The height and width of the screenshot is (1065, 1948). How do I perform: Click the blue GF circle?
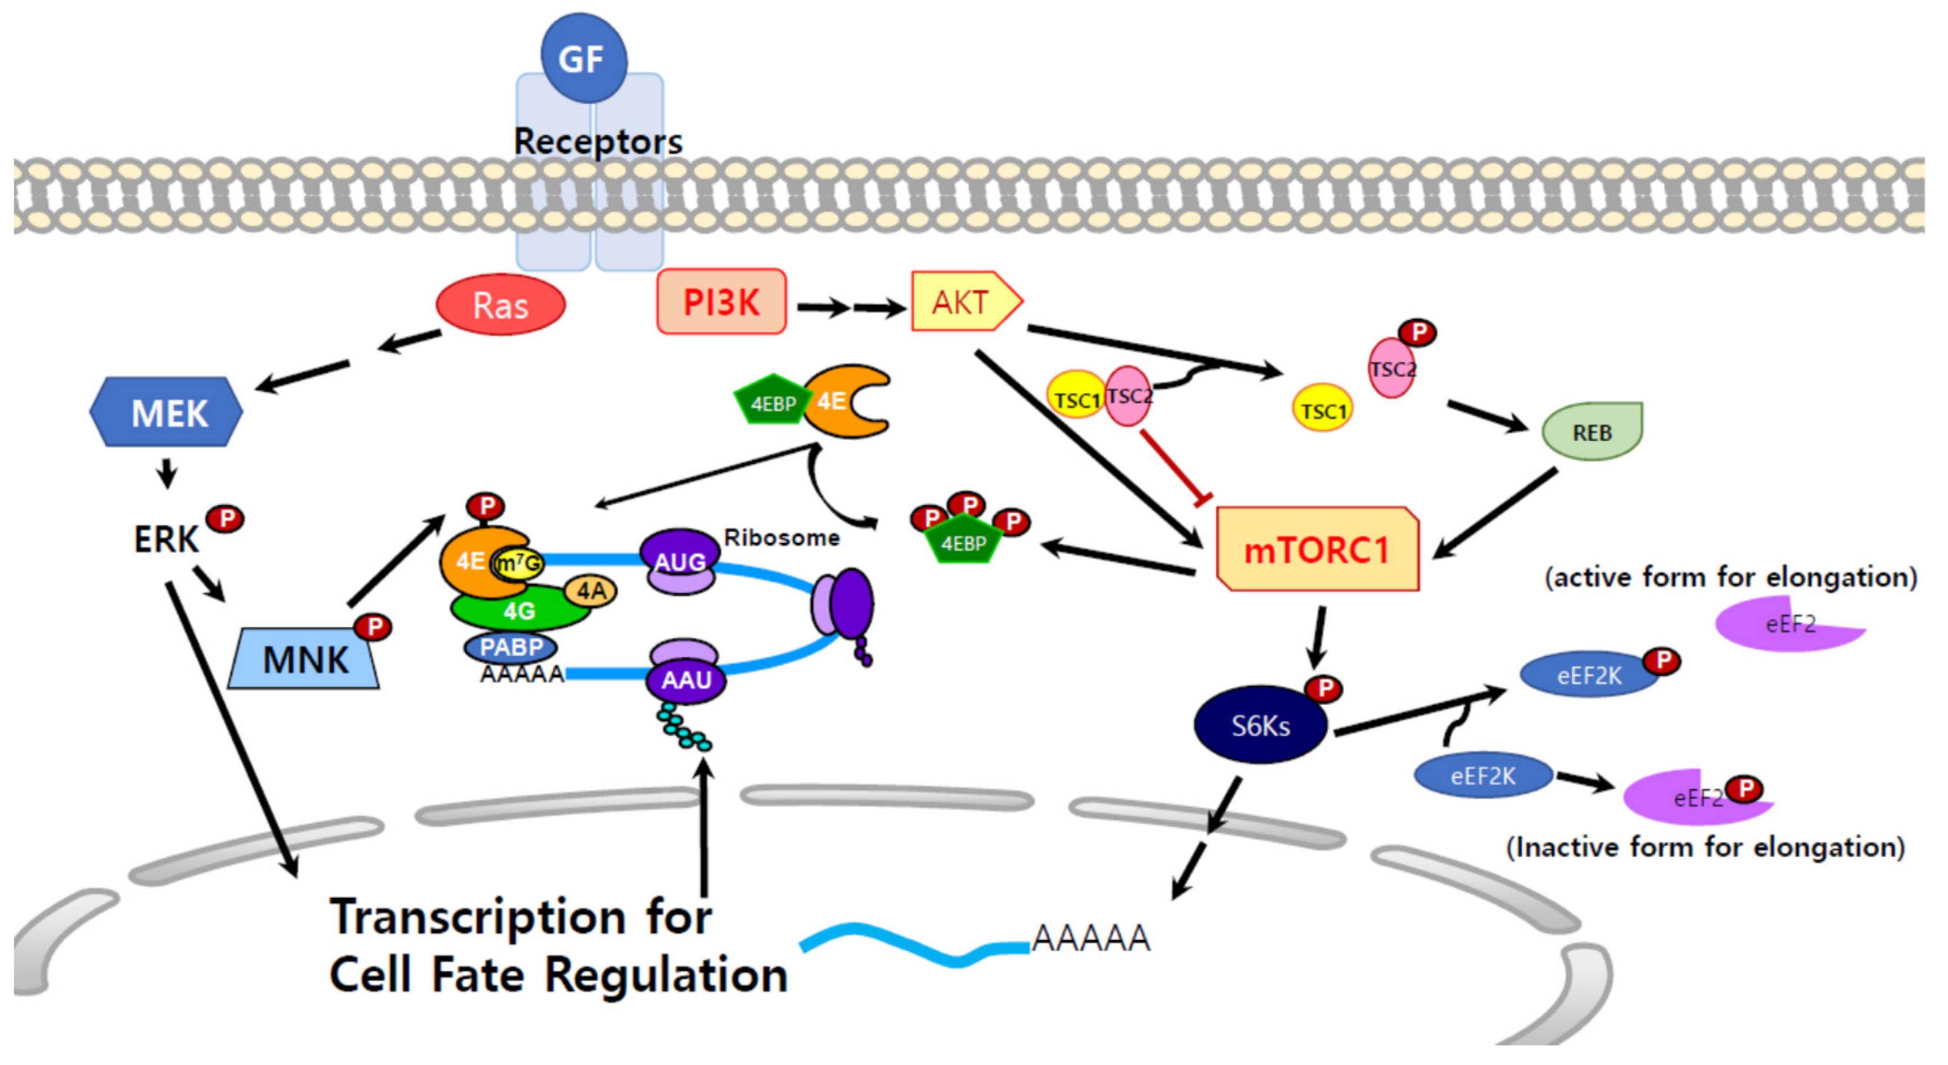583,58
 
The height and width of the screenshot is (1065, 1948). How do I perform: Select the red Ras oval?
501,305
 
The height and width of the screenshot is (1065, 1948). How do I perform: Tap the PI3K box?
721,302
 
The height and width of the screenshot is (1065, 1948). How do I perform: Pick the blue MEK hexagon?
167,412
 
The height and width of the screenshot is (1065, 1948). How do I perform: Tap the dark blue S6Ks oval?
1260,725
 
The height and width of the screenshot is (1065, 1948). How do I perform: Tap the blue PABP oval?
511,647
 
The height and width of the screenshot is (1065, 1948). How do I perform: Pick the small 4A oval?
591,591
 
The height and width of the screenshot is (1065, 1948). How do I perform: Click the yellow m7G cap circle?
519,564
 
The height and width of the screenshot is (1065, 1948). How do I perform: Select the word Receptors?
597,141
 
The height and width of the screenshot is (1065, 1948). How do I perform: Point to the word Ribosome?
782,538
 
